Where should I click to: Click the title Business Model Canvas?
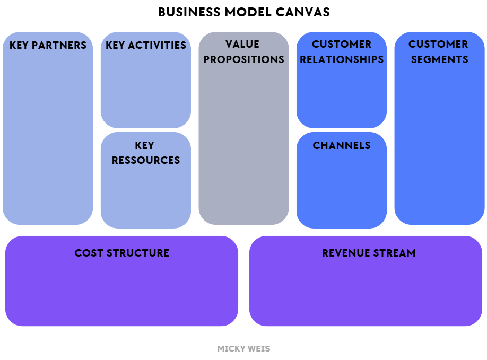coord(243,12)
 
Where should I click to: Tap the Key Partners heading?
coord(48,45)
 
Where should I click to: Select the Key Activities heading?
coord(146,45)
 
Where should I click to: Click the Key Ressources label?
coord(146,153)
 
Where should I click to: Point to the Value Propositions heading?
coord(243,52)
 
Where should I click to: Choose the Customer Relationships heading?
coord(342,52)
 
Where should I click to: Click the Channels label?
coord(342,145)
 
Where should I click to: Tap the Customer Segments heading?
coord(439,52)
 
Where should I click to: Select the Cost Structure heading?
coord(121,253)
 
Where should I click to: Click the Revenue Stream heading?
coord(369,253)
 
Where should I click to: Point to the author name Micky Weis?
coord(243,349)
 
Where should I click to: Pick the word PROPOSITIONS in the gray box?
coord(243,59)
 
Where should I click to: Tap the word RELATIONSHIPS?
coord(342,59)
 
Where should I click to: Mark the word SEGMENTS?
coord(439,59)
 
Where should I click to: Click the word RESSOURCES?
coord(146,160)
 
